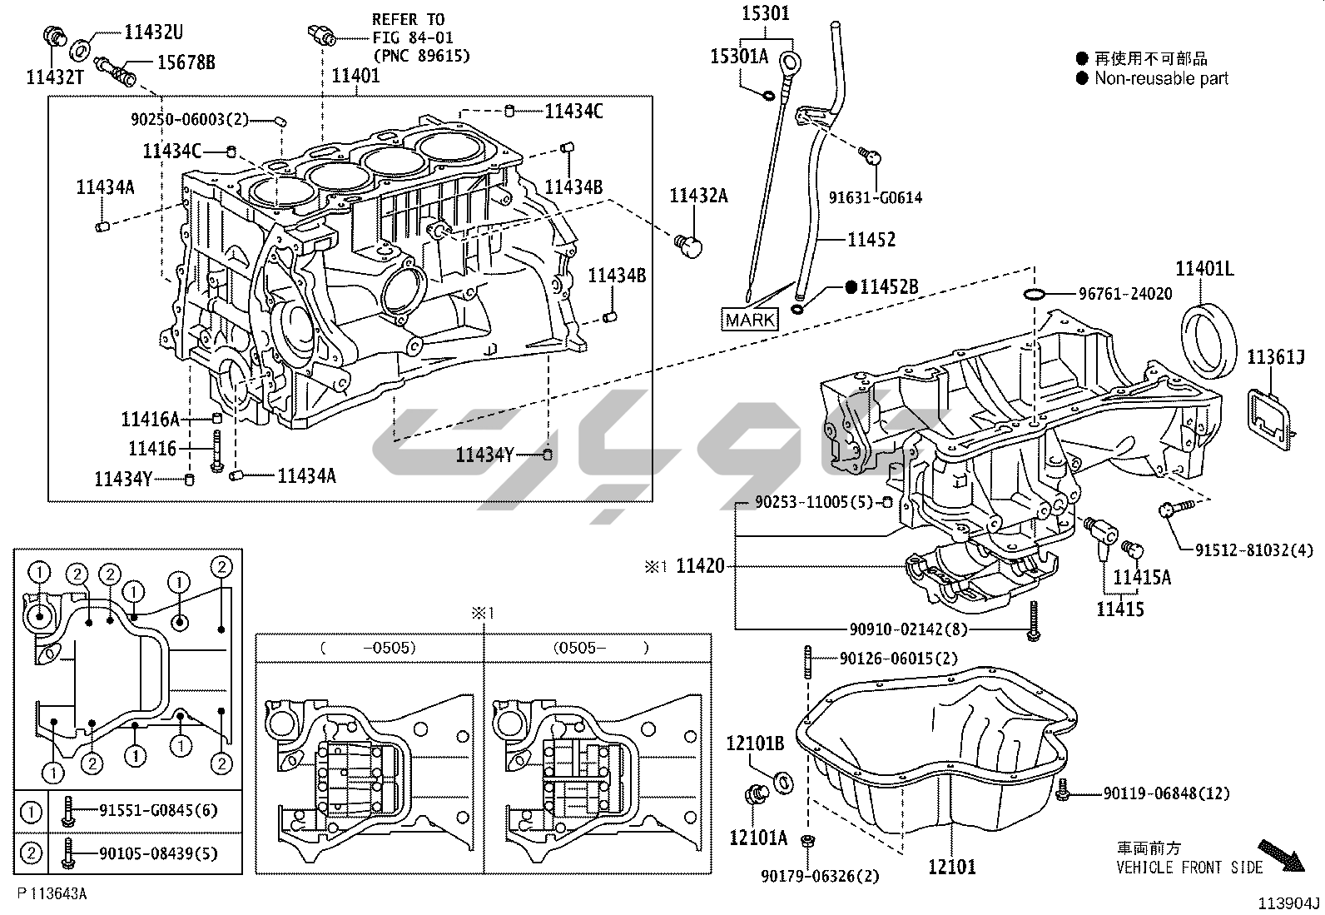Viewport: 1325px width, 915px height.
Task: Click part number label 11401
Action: point(355,76)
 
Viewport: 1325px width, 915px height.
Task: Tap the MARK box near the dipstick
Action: point(750,320)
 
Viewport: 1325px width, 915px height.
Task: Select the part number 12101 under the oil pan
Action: point(952,867)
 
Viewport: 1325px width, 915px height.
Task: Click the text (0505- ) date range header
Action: point(599,647)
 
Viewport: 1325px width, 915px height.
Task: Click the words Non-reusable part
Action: point(1161,78)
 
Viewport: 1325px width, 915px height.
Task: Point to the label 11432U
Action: point(153,33)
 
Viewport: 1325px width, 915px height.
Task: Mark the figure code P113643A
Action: point(52,893)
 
